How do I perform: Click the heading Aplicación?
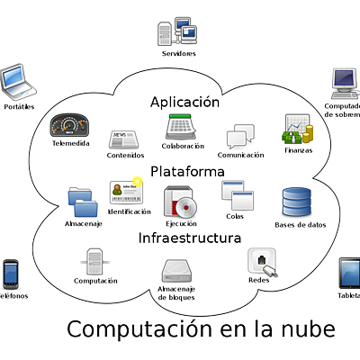pos(184,103)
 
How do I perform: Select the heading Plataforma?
pos(187,170)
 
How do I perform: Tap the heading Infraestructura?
pos(189,238)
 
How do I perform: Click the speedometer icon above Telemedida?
pos(70,125)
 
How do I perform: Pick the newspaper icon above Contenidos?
pos(124,139)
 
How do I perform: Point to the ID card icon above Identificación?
pos(127,192)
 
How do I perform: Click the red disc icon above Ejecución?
pos(181,202)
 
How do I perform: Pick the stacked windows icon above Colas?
pos(235,195)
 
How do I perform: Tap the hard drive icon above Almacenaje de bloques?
pos(177,271)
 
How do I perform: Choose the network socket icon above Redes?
pos(260,262)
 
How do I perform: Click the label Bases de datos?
pos(300,225)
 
